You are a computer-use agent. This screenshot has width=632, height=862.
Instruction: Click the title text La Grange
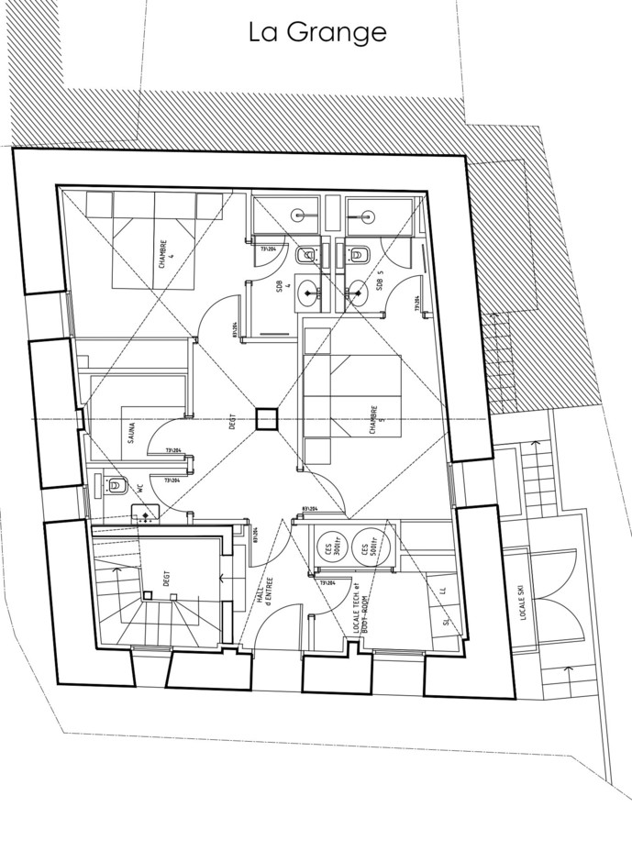(317, 32)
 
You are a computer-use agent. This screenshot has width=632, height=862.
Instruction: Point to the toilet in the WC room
(114, 486)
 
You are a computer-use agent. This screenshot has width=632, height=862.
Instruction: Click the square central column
(266, 419)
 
